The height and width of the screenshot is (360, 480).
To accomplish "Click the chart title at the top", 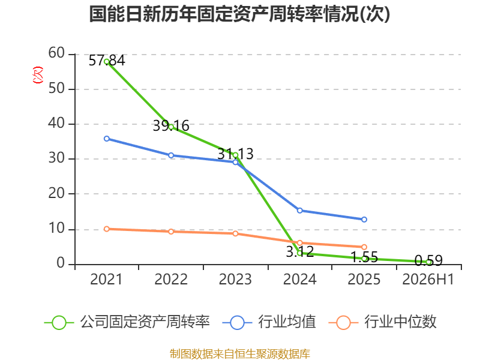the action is coord(239,14).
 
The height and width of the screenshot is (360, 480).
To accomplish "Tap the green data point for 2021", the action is coord(107,62).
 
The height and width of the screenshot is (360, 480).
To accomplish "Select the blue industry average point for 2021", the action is coord(107,139).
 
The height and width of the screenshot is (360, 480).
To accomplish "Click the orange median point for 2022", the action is coord(171,232).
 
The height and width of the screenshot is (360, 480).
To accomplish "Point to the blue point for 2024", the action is coord(299,211).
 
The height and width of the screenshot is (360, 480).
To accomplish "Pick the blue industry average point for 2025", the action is coord(364,220).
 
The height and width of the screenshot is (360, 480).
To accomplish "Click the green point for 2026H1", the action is coord(428,262).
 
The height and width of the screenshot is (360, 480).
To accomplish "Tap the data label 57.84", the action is coord(107,61).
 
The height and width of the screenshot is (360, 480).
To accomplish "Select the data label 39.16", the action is coord(171,126).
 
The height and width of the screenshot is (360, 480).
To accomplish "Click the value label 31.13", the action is coord(235,154).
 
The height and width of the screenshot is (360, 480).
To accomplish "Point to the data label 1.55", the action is coord(364,257).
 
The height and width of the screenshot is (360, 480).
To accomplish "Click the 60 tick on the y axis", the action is coord(56,53).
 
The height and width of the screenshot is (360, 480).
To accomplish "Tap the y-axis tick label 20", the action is coord(56,193).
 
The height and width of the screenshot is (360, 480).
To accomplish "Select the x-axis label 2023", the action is coord(235,279).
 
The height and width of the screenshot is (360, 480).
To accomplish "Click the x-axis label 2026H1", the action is coord(428,279).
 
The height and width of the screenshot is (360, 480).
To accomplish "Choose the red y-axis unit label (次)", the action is coord(38,75).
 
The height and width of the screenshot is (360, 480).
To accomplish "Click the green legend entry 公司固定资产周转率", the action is coord(127,322).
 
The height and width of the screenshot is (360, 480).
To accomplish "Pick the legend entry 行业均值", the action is coord(269,322).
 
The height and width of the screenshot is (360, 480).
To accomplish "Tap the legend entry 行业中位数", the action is coord(382,322).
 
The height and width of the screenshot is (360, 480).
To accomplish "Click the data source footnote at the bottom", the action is coord(240,354).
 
